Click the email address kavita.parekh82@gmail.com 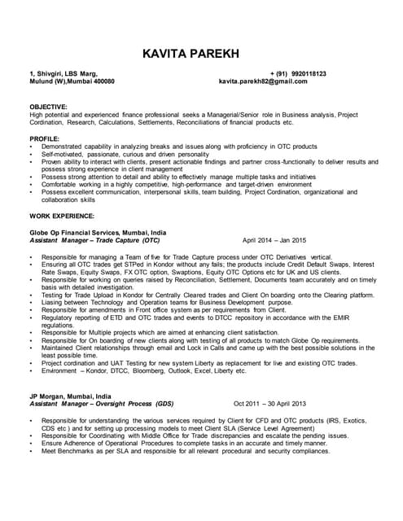click(x=263, y=82)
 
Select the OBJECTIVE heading click(x=49, y=107)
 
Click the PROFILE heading click(x=45, y=138)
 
